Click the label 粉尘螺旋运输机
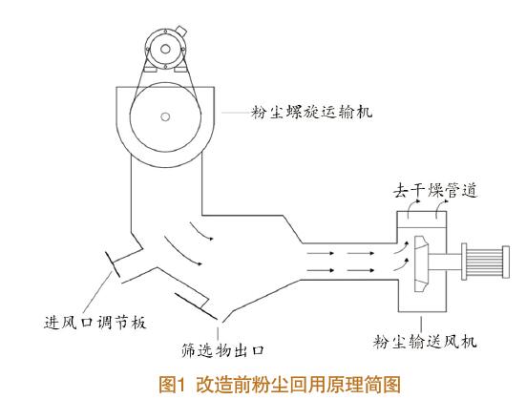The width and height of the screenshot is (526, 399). (x=312, y=113)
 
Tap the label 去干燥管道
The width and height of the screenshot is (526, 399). (x=435, y=191)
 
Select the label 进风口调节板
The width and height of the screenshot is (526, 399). (x=95, y=323)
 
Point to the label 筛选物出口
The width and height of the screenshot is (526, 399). (x=222, y=350)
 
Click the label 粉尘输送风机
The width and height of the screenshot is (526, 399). (x=425, y=342)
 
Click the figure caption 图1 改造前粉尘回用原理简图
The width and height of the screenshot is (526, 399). (x=280, y=385)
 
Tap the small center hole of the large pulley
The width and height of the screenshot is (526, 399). (x=165, y=117)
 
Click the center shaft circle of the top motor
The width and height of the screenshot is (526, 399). (x=165, y=50)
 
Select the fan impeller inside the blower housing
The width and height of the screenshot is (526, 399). (x=421, y=263)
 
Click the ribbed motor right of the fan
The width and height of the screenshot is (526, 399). (x=485, y=262)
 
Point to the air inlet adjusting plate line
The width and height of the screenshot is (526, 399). (x=113, y=264)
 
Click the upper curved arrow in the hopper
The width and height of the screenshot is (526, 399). (x=201, y=231)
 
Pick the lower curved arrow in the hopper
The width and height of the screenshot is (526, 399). (x=182, y=251)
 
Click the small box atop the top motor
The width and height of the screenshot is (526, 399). (x=181, y=31)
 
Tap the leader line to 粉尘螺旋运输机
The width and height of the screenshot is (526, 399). (x=237, y=113)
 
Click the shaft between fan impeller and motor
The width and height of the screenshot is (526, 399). (x=445, y=262)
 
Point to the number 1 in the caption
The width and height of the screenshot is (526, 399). (x=180, y=385)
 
